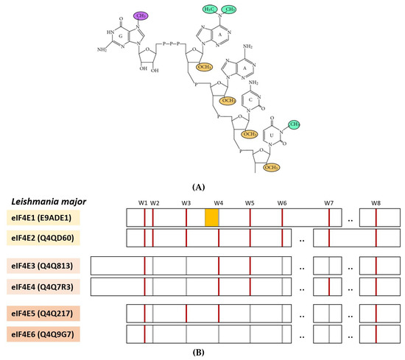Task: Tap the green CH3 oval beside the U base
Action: click(x=293, y=124)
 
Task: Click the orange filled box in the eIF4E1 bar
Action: click(x=211, y=217)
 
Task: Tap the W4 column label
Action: click(x=218, y=202)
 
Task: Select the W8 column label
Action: click(x=376, y=202)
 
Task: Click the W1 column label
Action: click(x=143, y=202)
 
